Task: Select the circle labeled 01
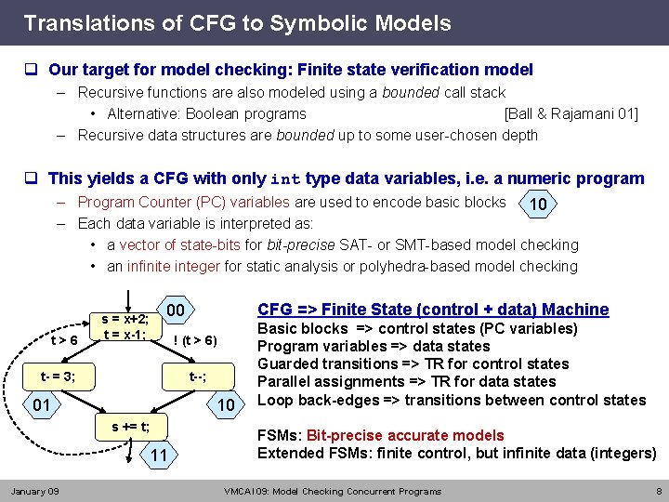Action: coord(42,405)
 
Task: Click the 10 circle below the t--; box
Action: coord(224,405)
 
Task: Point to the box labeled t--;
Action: coord(197,376)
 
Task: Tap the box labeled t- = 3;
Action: coord(58,376)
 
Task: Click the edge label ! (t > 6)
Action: coord(195,340)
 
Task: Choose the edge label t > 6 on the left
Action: coord(64,340)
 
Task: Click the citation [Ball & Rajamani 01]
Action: coord(571,114)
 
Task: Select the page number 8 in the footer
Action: coord(658,491)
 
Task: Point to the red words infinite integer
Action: coord(174,266)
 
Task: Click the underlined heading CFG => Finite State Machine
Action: coord(433,310)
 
